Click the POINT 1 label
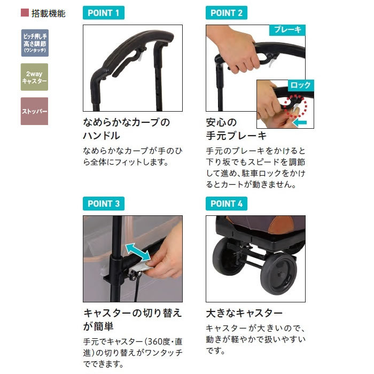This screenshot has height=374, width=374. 104,13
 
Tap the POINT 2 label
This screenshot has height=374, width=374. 227,13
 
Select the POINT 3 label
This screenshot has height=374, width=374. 104,204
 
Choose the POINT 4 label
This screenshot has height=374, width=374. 227,204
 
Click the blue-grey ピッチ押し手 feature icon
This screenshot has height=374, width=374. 34,43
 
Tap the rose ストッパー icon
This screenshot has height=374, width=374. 34,111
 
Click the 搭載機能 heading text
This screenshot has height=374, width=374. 48,13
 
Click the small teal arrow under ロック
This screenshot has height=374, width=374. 300,123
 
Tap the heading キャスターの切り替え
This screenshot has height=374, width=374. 133,313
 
